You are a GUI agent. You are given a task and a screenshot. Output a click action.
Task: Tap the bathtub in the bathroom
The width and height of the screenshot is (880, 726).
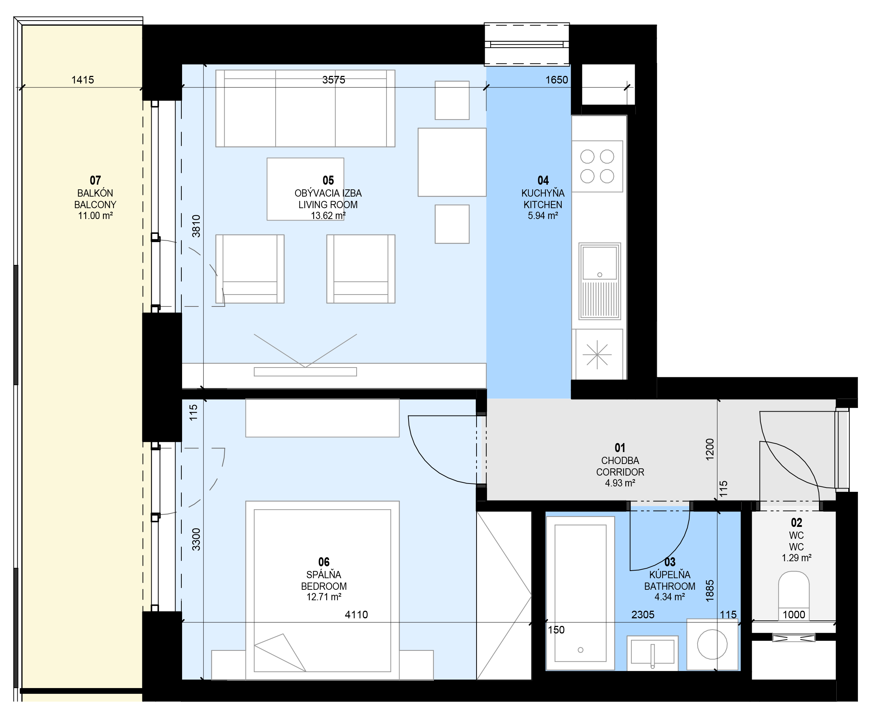(580, 593)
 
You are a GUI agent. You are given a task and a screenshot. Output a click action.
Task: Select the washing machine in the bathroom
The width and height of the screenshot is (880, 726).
(712, 644)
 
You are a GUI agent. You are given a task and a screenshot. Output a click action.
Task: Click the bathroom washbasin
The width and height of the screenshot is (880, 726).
(652, 653)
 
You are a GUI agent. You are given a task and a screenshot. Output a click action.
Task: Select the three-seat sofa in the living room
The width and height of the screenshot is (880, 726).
(305, 108)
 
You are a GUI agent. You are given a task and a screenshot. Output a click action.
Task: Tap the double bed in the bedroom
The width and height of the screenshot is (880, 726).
(322, 590)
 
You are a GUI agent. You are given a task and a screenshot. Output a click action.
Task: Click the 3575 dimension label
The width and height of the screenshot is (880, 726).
(333, 80)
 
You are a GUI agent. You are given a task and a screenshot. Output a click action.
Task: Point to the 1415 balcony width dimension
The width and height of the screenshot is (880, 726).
(83, 80)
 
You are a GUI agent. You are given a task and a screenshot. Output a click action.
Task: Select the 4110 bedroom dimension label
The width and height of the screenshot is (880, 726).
(356, 614)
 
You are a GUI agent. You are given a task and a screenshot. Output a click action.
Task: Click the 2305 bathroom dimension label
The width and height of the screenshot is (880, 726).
(643, 614)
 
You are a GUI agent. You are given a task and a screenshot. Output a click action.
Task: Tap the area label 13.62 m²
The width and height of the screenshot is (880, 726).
(328, 215)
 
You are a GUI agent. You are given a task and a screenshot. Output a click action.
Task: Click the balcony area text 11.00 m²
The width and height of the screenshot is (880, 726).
(95, 215)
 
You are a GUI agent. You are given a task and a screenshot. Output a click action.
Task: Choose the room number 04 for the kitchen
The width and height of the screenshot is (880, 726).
(543, 180)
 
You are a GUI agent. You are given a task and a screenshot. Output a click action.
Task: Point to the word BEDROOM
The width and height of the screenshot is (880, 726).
(324, 586)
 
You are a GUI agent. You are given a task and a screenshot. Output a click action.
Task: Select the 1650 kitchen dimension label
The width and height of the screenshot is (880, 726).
(556, 80)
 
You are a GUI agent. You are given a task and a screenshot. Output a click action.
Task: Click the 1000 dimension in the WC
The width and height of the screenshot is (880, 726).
(793, 614)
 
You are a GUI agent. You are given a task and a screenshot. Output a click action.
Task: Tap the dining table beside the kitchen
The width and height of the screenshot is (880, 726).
(452, 162)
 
